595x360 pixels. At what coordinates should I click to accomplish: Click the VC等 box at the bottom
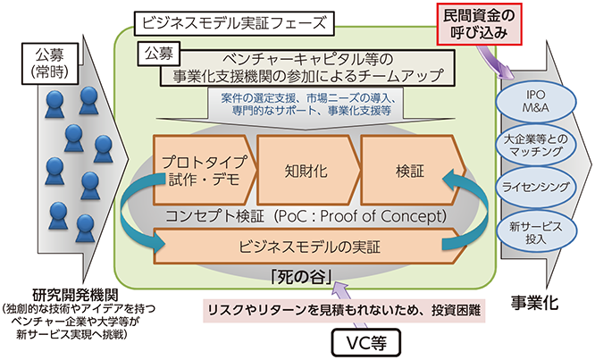(x=366, y=342)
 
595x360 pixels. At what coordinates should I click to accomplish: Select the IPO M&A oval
(x=536, y=101)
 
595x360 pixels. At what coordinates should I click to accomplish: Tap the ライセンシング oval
(x=536, y=187)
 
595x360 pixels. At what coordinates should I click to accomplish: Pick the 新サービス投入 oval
(x=536, y=232)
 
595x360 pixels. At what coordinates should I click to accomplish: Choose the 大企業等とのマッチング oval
(x=536, y=145)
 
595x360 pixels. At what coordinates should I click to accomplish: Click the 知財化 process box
(x=307, y=171)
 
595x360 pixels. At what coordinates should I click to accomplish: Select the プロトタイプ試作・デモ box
(x=205, y=171)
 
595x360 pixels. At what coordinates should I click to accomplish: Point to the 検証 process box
(x=412, y=171)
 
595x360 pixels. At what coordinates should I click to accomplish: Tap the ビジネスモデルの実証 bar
(x=310, y=247)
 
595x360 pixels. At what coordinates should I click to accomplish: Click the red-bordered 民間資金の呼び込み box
(x=479, y=23)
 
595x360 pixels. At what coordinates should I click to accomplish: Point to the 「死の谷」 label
(x=302, y=278)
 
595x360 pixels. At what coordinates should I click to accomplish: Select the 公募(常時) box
(x=50, y=63)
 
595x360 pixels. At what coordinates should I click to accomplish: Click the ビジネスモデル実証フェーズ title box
(x=234, y=23)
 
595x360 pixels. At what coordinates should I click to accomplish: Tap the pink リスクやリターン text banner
(x=344, y=311)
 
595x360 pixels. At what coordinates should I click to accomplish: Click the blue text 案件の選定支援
(x=258, y=98)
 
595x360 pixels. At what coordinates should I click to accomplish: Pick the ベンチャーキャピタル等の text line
(x=307, y=60)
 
